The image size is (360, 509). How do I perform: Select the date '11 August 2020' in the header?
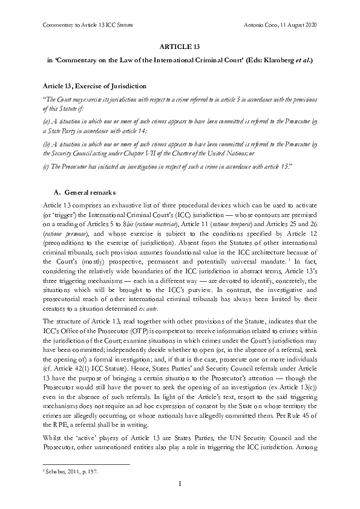pos(300,25)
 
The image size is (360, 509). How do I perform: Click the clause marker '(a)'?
pos(45,120)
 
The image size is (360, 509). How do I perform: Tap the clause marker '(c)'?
pos(45,166)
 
